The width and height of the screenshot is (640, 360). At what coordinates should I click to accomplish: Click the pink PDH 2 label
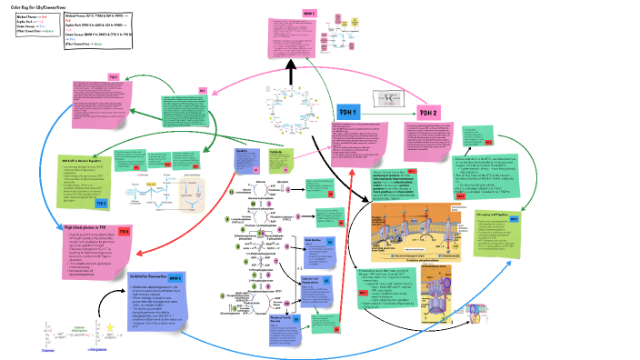point(429,112)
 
